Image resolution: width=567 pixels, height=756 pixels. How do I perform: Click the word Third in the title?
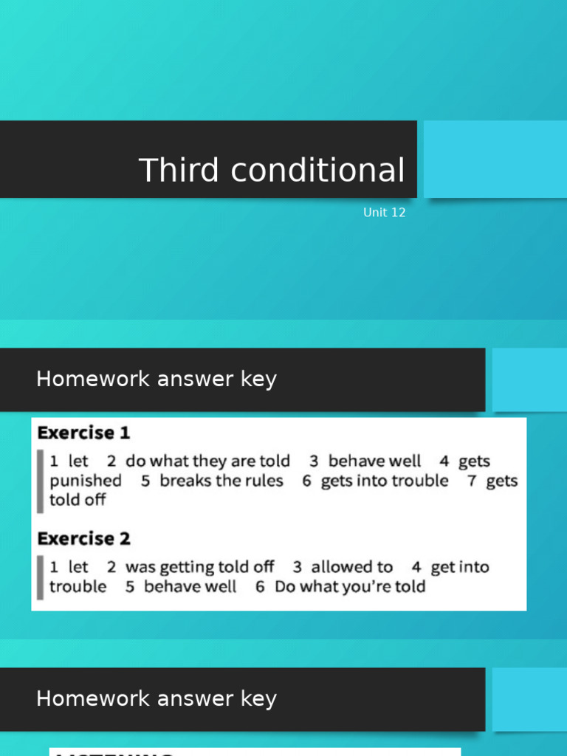(180, 171)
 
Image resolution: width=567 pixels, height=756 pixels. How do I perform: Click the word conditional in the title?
(317, 171)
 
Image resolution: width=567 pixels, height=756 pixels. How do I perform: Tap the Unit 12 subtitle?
(384, 213)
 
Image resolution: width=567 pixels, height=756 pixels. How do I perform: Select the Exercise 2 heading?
(83, 539)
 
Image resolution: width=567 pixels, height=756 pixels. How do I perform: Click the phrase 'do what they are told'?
(207, 461)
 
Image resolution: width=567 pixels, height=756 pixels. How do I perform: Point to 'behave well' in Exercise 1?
(374, 461)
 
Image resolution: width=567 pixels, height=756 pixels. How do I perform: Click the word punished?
(86, 481)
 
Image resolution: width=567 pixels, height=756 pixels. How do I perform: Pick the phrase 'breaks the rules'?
(221, 481)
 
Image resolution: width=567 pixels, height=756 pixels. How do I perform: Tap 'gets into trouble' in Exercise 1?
(384, 481)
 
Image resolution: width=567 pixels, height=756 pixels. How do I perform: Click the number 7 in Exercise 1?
(471, 481)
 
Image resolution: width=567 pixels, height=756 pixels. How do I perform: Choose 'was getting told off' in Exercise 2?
(199, 567)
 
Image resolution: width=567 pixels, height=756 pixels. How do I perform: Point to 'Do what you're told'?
(350, 587)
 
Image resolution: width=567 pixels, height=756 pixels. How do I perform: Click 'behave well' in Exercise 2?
(190, 587)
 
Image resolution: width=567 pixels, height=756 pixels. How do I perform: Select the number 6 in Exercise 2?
(260, 587)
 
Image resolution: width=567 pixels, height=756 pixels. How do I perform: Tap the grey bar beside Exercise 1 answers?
(41, 481)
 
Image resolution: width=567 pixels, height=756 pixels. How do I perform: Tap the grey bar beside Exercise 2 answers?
(41, 577)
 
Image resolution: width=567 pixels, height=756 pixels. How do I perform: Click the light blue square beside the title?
(495, 159)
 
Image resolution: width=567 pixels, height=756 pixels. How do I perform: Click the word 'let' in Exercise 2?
(78, 567)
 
